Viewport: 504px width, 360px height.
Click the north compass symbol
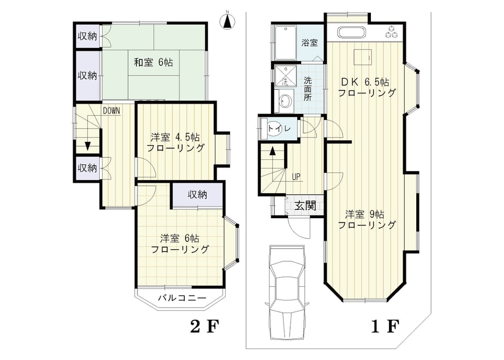[227, 21]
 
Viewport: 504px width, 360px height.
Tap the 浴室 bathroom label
[309, 43]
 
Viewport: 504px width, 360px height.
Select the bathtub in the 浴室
[285, 43]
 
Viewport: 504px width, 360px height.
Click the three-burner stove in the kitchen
[392, 32]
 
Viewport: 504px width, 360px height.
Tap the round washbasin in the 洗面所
[285, 101]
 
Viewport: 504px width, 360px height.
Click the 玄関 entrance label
[305, 206]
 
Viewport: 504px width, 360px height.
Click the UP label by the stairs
[296, 177]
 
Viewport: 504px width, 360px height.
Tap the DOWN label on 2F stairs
[111, 111]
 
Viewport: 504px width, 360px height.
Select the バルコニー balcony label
[182, 298]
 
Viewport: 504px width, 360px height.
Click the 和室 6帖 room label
[153, 62]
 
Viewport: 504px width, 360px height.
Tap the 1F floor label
[385, 327]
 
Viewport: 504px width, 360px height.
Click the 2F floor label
[204, 327]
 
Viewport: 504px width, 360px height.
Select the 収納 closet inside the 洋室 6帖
[197, 195]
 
